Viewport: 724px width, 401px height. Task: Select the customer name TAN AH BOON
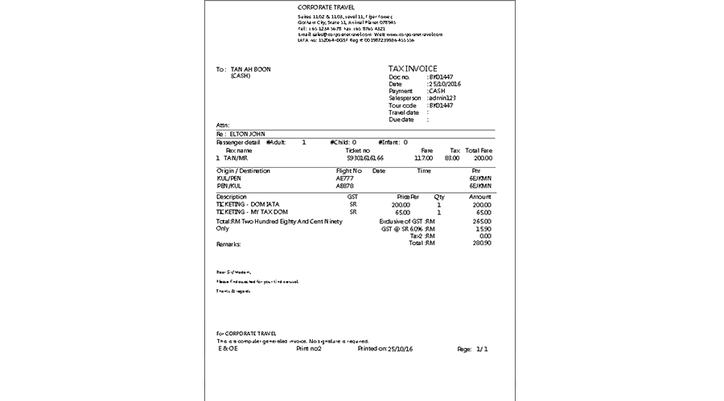[x=251, y=70]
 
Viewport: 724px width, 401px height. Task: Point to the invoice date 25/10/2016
[x=445, y=84]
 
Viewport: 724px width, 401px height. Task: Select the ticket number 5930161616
[x=359, y=158]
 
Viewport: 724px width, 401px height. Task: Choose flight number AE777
[x=345, y=178]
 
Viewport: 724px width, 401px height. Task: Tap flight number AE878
[x=345, y=186]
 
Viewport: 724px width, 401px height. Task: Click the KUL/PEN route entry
[x=229, y=178]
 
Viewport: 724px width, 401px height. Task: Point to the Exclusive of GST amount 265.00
[x=481, y=221]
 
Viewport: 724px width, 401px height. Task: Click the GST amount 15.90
[x=483, y=228]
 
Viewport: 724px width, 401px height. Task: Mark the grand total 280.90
[x=481, y=243]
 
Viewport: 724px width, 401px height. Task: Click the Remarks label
[x=229, y=243]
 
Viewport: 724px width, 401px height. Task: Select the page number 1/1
[x=483, y=350]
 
